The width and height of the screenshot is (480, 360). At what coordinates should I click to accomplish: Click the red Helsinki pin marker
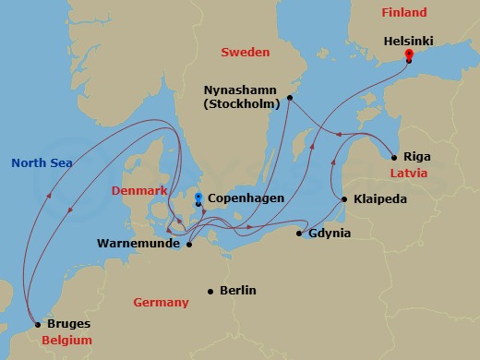pos(408,55)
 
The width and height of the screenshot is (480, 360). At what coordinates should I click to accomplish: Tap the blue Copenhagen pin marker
pos(198,198)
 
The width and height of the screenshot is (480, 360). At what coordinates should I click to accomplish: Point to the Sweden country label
pos(244,53)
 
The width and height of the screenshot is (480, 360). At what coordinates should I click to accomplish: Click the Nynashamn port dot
pos(290,97)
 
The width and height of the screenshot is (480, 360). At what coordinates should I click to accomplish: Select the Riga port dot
pos(395,156)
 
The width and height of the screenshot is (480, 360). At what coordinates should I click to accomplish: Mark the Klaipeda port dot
pos(343,199)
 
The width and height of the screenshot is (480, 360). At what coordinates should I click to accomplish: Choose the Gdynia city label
pos(330,234)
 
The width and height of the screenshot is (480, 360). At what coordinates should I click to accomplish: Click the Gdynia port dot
pos(298,234)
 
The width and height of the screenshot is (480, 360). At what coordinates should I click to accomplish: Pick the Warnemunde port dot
pos(188,245)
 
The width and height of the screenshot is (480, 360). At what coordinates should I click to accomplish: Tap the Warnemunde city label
pos(138,245)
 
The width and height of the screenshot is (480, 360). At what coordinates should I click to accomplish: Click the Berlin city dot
pos(211,291)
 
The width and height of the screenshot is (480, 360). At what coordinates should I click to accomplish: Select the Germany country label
pos(161,303)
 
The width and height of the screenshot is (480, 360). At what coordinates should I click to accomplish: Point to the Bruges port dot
pos(37,324)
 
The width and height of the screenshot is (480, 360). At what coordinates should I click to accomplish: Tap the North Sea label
pos(42,163)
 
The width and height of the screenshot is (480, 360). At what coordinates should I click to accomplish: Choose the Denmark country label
pos(138,191)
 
